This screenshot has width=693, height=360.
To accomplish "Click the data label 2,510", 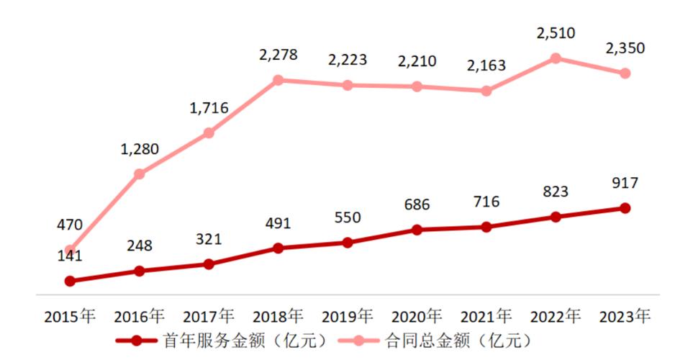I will [556, 33].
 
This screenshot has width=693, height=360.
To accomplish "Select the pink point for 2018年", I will [278, 80].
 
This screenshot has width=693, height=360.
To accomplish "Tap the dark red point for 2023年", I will [625, 208].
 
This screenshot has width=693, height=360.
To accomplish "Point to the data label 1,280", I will [139, 149].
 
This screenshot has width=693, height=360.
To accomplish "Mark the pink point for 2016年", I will [140, 174].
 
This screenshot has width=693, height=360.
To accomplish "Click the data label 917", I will [624, 183].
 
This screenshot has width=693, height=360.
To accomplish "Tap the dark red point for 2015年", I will [70, 281].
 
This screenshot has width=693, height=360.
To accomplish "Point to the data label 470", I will [70, 226].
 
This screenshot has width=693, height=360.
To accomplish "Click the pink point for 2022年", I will [556, 58].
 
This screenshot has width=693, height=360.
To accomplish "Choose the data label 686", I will [417, 204].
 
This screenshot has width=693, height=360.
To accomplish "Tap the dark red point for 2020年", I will [417, 230].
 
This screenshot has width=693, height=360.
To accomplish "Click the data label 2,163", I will [486, 66].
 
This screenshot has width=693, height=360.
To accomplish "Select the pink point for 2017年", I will [209, 133].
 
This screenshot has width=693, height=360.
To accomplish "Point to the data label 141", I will [70, 256].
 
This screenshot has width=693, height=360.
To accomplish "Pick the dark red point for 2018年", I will [278, 248].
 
